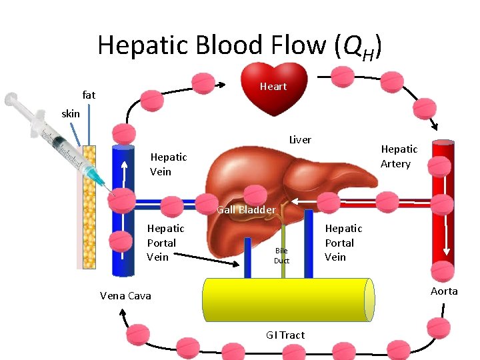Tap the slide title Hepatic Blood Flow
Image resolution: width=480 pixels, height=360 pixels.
240,45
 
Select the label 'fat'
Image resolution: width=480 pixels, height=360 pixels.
89,95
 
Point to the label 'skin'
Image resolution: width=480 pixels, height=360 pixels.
71,113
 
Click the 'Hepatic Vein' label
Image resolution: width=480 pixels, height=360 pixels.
168,164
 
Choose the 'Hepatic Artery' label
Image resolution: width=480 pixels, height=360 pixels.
399,157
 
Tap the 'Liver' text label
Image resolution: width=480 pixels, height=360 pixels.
300,140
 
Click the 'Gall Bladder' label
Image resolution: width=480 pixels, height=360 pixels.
246,210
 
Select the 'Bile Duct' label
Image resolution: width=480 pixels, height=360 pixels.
282,255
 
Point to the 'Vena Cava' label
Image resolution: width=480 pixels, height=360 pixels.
125,295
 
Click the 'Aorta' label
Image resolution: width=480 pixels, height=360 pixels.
444,291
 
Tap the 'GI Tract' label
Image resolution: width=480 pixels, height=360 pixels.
285,335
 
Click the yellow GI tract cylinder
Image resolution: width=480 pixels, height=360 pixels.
287,299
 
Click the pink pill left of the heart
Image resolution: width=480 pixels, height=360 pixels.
203,83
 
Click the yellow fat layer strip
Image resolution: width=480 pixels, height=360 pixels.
89,213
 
